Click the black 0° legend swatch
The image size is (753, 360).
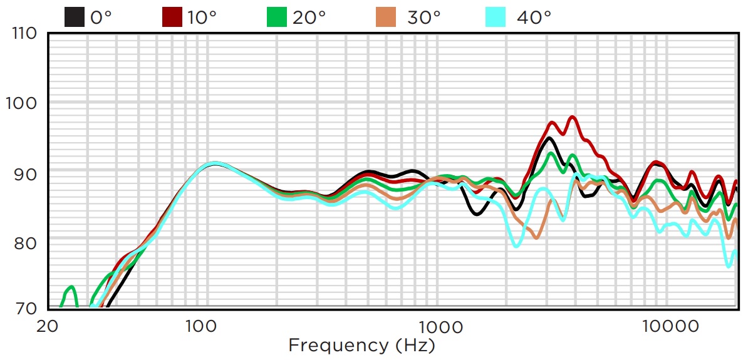point(75,17)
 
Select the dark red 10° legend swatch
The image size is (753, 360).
point(172,17)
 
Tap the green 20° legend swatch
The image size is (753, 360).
point(276,17)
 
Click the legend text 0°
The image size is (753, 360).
point(101,18)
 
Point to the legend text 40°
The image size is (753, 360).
point(534,18)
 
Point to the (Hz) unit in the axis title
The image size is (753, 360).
point(415,344)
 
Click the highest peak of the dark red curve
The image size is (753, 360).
point(572,117)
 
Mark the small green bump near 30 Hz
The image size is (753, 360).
point(71,287)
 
